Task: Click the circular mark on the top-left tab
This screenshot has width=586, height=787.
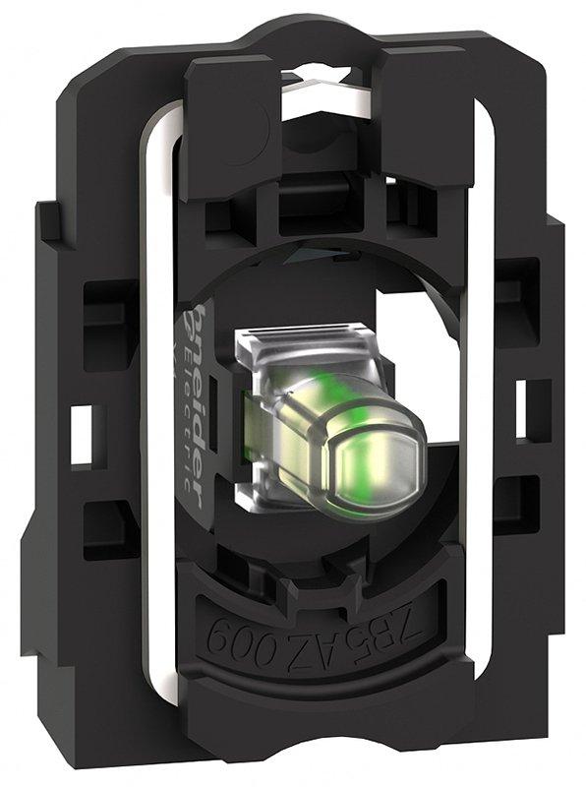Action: (x=258, y=122)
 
